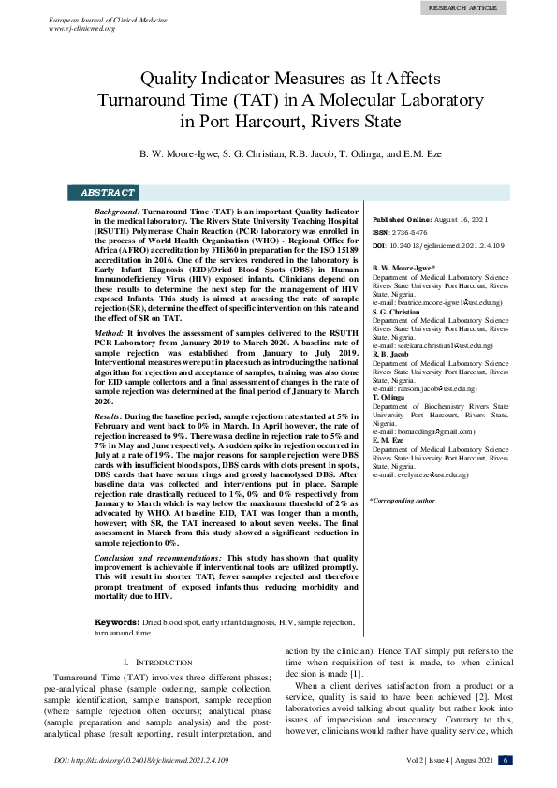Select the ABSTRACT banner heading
pos(109,193)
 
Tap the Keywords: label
pos(117,621)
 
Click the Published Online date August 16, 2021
pos(458,218)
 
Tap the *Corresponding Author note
pos(403,501)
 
